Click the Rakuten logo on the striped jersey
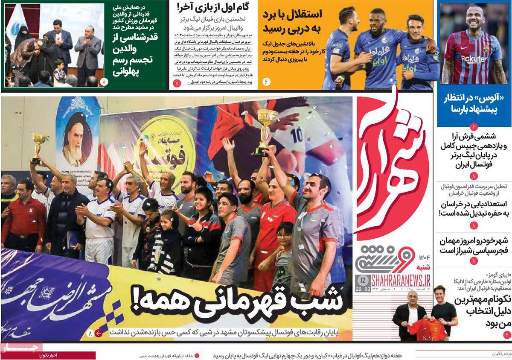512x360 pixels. tap(473, 59)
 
